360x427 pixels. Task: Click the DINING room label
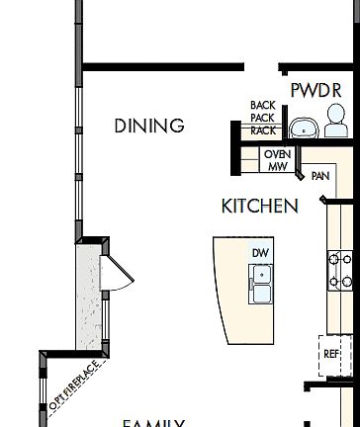point(149,126)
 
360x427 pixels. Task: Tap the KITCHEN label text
point(259,207)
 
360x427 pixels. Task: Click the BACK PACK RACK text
point(263,118)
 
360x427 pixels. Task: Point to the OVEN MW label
point(277,160)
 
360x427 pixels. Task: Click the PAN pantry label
point(319,177)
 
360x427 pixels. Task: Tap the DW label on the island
point(260,254)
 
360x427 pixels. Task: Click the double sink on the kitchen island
point(261,286)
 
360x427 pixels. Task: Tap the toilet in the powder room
point(336,124)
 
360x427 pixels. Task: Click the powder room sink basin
point(303,128)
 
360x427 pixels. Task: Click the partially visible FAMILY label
point(153,422)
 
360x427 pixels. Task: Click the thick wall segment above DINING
point(163,67)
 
